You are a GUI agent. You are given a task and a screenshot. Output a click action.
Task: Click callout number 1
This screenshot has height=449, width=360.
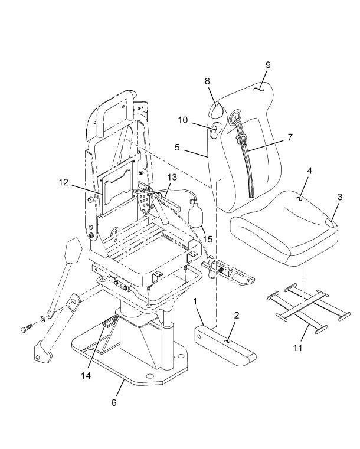(196, 301)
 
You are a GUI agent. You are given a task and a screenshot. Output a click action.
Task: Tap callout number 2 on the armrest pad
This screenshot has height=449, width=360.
(236, 316)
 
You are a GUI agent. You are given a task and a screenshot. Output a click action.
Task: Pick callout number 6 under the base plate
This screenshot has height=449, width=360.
(114, 402)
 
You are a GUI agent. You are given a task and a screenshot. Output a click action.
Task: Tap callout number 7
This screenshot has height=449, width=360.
(290, 137)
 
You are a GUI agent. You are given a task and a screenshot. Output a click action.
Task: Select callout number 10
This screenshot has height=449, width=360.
(182, 120)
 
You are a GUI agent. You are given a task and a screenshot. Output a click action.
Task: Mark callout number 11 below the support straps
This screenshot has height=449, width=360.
(298, 348)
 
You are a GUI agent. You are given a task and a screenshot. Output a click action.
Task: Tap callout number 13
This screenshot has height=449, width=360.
(172, 176)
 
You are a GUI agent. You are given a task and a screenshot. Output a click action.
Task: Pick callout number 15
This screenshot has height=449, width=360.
(207, 238)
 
